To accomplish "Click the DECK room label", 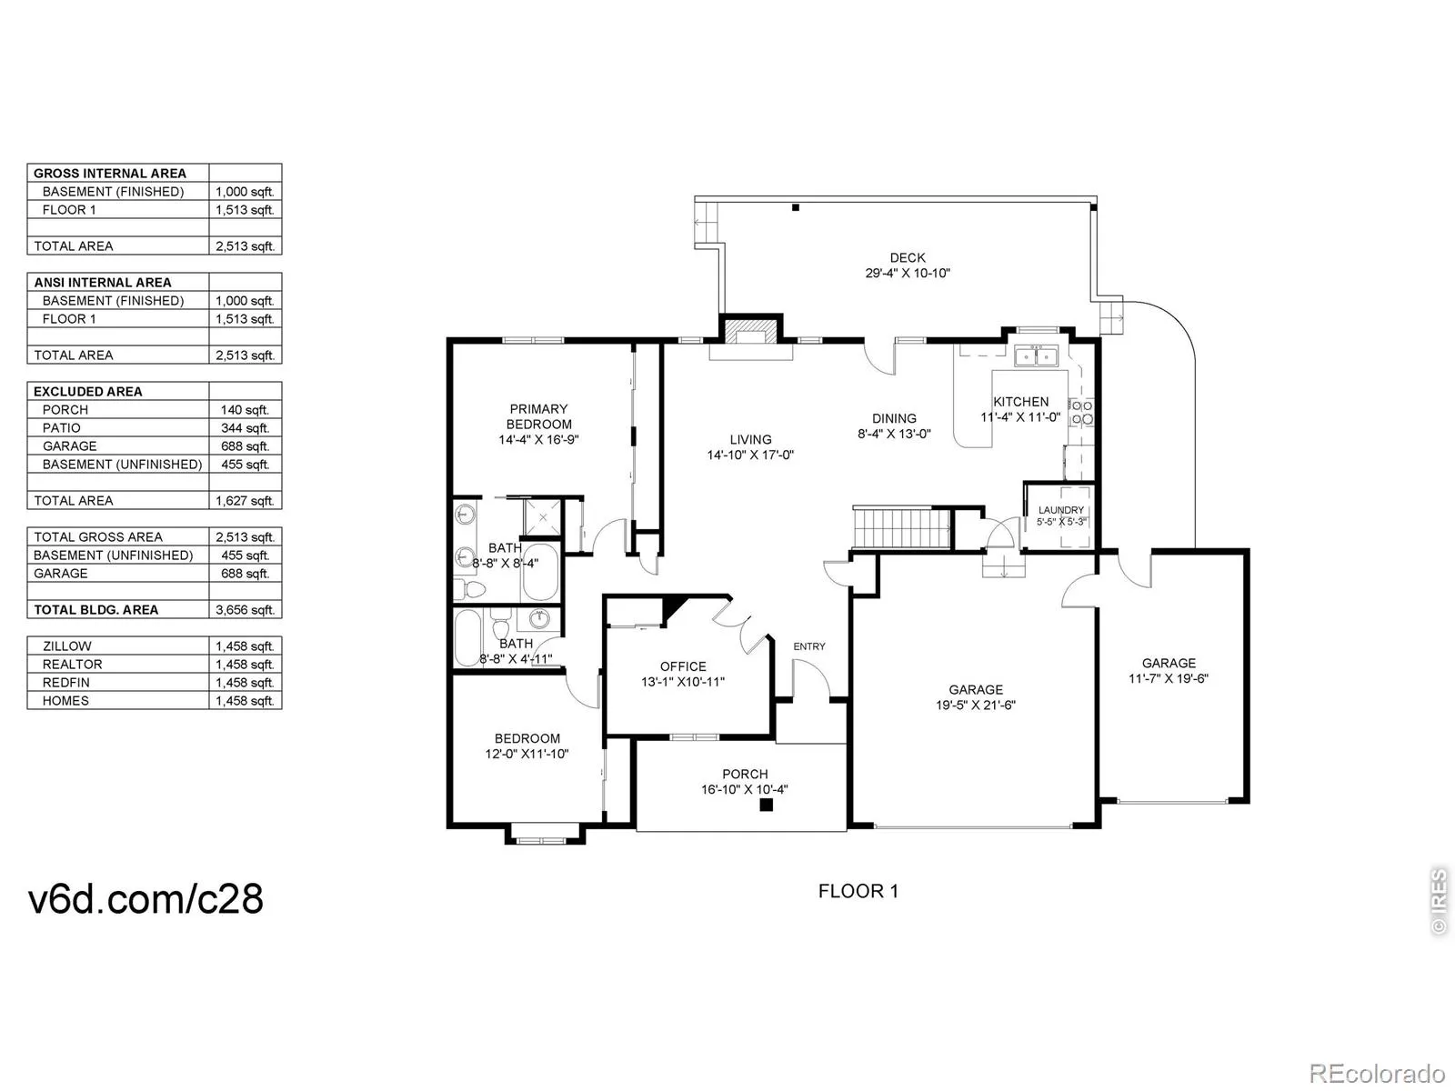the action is pyautogui.click(x=908, y=257).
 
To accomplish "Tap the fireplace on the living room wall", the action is pyautogui.click(x=750, y=332).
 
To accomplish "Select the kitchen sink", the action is pyautogui.click(x=1036, y=355).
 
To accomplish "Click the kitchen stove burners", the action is pyautogui.click(x=1082, y=412).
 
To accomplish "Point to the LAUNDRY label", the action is pyautogui.click(x=1060, y=510).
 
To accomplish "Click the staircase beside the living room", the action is pyautogui.click(x=902, y=528).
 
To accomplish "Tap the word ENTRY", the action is pyautogui.click(x=809, y=646).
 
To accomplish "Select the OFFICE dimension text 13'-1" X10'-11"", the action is pyautogui.click(x=683, y=682).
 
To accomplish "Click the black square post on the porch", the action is pyautogui.click(x=767, y=805).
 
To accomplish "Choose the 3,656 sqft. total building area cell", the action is pyautogui.click(x=245, y=610).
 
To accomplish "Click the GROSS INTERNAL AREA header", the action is pyautogui.click(x=110, y=174).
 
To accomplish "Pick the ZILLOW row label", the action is pyautogui.click(x=67, y=646).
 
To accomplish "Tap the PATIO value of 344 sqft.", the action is pyautogui.click(x=245, y=428).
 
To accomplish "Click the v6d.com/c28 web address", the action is pyautogui.click(x=145, y=899).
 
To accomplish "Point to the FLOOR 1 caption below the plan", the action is pyautogui.click(x=858, y=891).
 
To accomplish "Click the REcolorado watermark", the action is pyautogui.click(x=1378, y=1073).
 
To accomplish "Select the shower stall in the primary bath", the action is pyautogui.click(x=542, y=517).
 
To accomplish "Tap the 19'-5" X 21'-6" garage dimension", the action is pyautogui.click(x=976, y=705).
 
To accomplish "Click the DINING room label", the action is pyautogui.click(x=894, y=418).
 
